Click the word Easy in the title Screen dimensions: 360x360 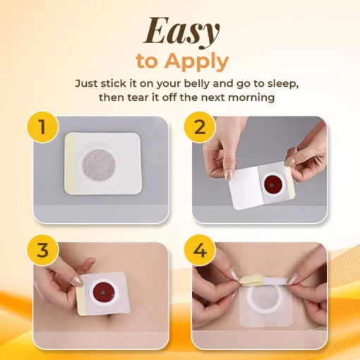coord(181,32)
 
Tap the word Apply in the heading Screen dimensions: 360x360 coord(196,61)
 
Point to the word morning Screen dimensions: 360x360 coord(251,97)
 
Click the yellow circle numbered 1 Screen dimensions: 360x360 coord(42,127)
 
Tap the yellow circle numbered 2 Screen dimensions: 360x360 coord(200,127)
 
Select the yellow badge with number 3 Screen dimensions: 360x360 coord(42,250)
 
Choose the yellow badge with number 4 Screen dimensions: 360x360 coord(200,251)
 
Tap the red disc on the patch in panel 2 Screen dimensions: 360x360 coord(272,185)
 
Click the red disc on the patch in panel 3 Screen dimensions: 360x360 coord(103,293)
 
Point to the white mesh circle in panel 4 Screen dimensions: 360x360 coord(265,298)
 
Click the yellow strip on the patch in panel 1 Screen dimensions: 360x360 coord(70,163)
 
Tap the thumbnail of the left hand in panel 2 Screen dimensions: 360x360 coord(229,176)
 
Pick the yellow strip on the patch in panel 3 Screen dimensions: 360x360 coord(81,296)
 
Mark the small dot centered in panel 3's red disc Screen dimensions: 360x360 coord(103,293)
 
